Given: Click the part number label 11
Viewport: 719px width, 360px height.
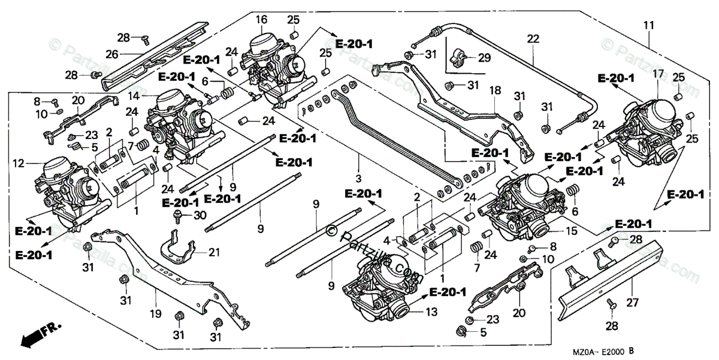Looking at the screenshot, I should tap(649, 25).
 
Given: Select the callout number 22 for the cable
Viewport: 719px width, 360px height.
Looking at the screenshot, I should tap(533, 39).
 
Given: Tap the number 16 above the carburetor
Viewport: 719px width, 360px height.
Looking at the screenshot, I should tap(261, 20).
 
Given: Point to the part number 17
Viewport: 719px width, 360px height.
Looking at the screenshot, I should tap(657, 74).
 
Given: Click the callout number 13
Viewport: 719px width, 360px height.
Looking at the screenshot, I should tap(432, 312).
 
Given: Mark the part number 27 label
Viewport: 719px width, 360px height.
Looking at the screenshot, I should tap(633, 302).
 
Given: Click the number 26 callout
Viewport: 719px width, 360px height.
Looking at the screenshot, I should tap(113, 54).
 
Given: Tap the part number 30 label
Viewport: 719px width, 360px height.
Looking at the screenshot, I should tap(200, 216).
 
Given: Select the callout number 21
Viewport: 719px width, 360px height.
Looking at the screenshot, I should tap(214, 252).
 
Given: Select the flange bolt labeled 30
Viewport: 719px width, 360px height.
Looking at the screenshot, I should tap(178, 215).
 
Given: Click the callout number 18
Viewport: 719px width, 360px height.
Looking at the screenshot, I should tap(495, 90).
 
